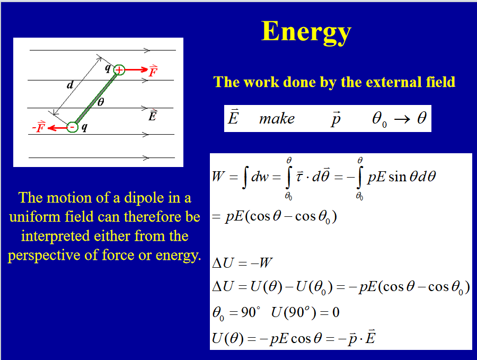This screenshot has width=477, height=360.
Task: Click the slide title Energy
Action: click(306, 32)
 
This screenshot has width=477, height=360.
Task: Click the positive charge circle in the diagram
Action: click(119, 70)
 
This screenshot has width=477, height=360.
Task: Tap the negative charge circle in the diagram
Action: click(73, 127)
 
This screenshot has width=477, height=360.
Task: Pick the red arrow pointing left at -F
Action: click(57, 127)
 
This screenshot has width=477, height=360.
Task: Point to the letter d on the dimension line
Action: click(70, 84)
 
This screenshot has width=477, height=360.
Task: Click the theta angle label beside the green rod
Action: click(101, 102)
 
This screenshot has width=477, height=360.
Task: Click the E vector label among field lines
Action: click(153, 116)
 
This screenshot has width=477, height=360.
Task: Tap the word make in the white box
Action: click(277, 119)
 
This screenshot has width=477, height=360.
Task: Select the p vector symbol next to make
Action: click(335, 119)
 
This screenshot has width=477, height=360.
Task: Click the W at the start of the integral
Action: click(218, 176)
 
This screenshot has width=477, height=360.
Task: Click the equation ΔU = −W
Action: click(242, 262)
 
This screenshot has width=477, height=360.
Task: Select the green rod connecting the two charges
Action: click(95, 99)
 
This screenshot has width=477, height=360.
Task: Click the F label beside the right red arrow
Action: click(153, 71)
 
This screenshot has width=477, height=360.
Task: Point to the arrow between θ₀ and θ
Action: click(402, 119)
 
